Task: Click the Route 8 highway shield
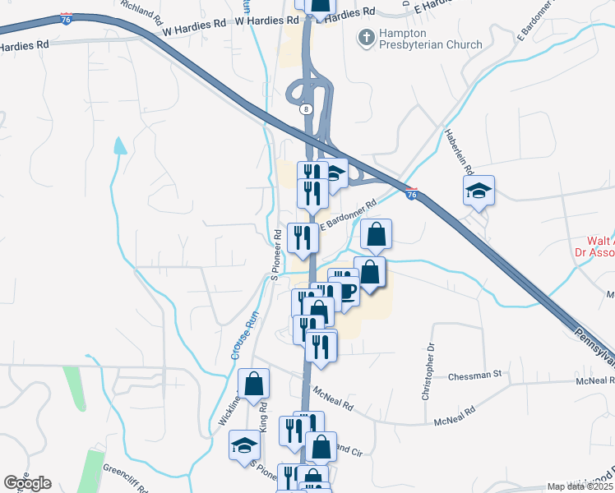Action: coord(306,108)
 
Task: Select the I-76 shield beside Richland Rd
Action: coord(66,16)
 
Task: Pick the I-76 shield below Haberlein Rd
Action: coord(412,194)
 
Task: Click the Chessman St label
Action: coord(474,375)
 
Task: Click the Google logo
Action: coord(28,482)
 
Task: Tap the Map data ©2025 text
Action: coord(580,486)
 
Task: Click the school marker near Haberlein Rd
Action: coord(479,191)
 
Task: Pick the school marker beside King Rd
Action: coord(244,445)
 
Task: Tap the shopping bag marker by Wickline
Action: coord(253,383)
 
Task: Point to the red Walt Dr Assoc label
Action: coord(595,247)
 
